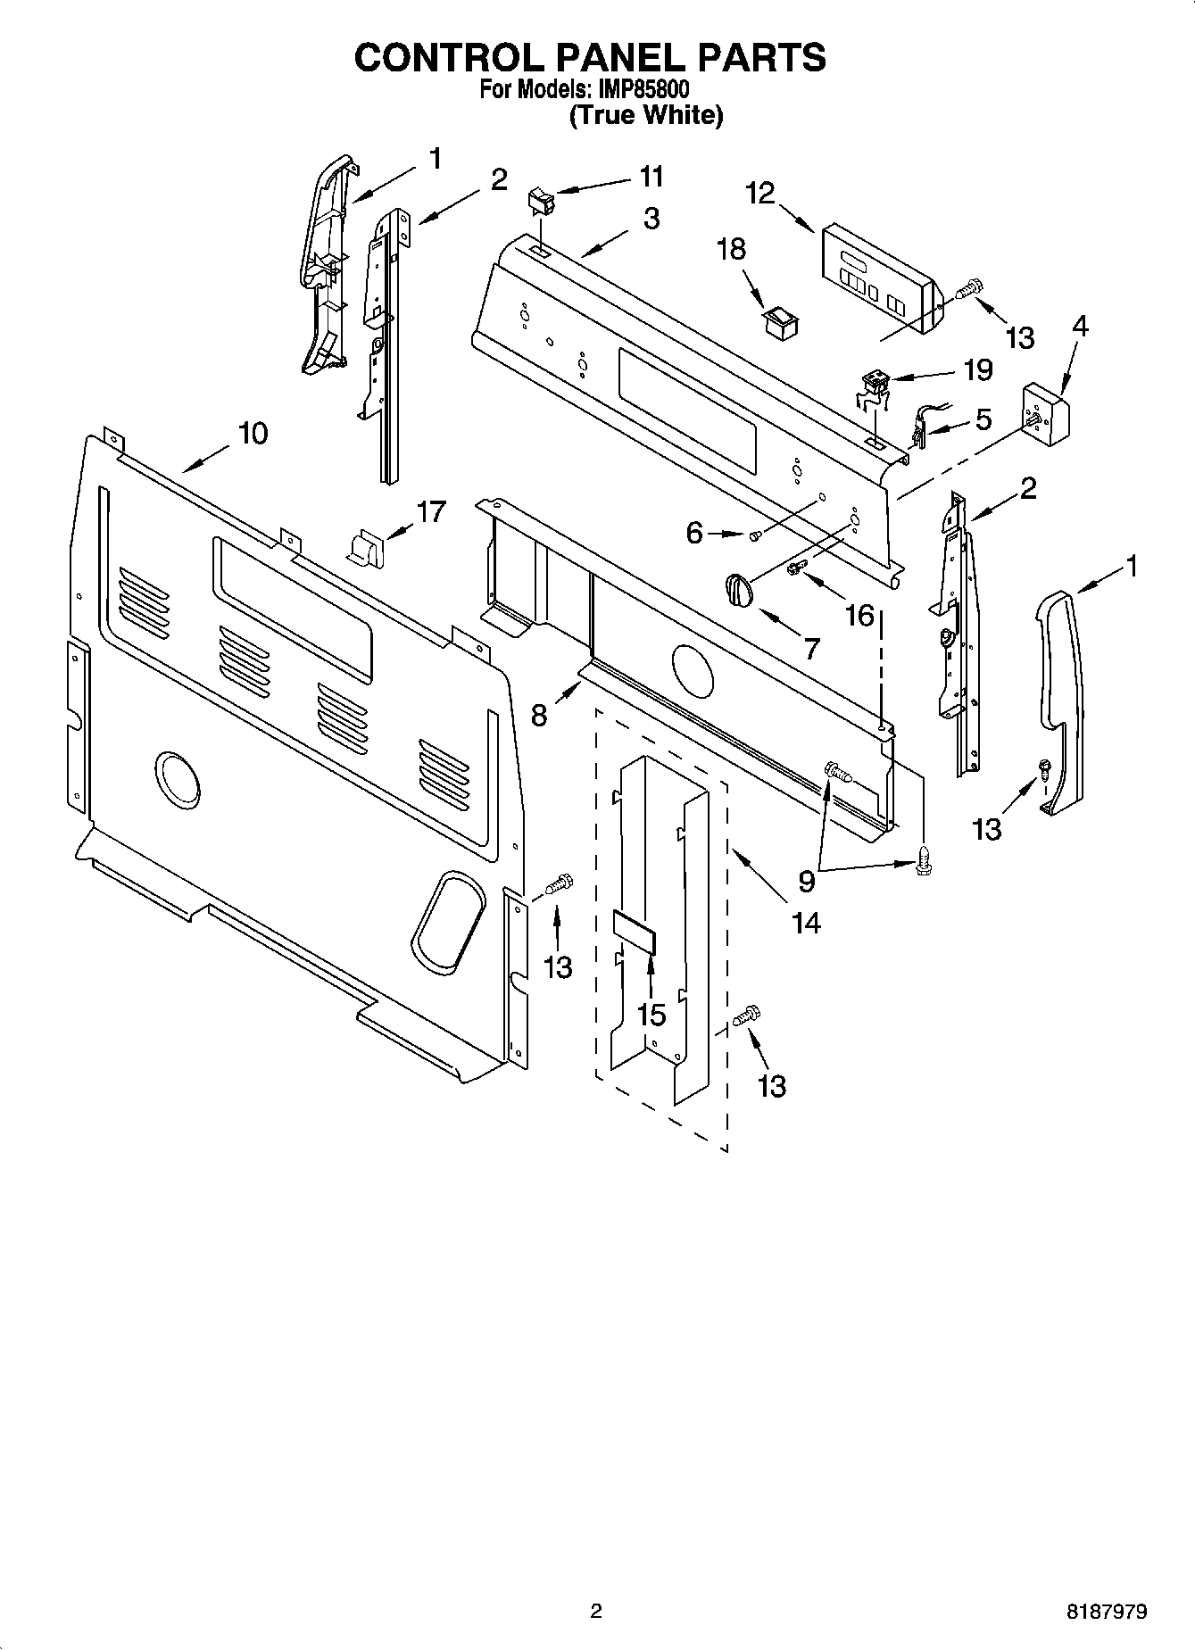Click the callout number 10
click(253, 434)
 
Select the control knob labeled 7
click(738, 590)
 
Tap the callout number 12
click(761, 194)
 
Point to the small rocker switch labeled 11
click(542, 201)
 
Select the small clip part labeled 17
click(364, 545)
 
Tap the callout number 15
click(652, 1015)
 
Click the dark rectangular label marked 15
click(635, 933)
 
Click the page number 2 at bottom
click(596, 1611)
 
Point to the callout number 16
click(859, 614)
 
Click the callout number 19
click(978, 369)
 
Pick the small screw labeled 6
click(755, 535)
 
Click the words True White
click(645, 115)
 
